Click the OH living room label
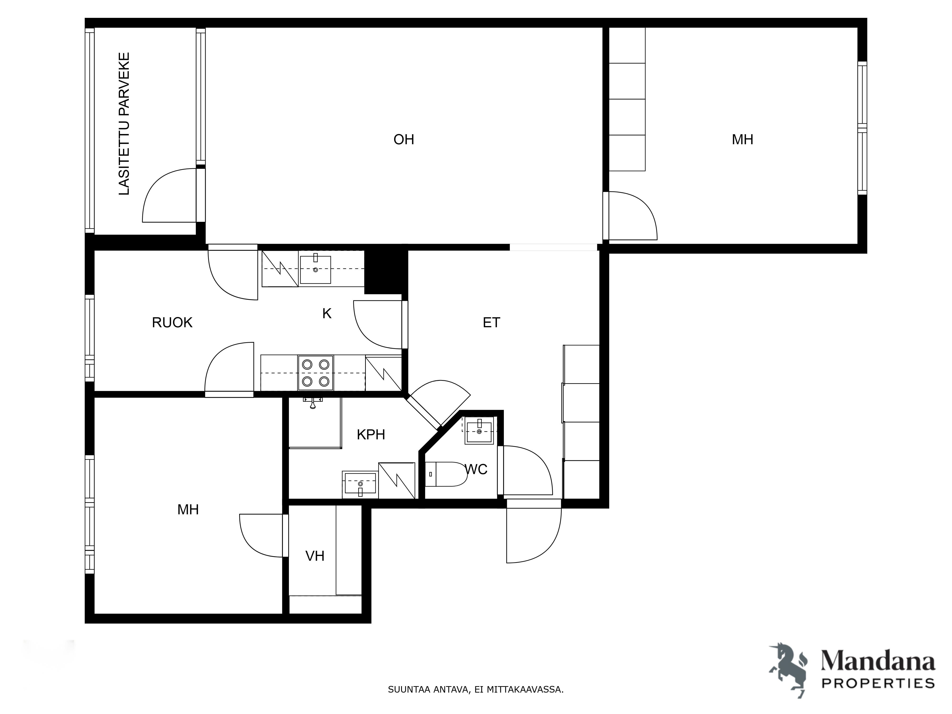[x=404, y=139]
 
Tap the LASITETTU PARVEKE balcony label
[x=124, y=124]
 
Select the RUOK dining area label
[x=172, y=322]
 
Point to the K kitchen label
[x=327, y=313]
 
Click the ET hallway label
[x=491, y=322]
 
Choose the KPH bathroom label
[x=371, y=435]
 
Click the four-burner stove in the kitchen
[x=315, y=373]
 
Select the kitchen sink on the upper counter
[x=315, y=269]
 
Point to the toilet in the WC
[x=446, y=474]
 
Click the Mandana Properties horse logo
[x=789, y=670]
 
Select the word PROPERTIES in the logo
[x=878, y=683]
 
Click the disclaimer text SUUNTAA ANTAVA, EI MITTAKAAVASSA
[x=476, y=689]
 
